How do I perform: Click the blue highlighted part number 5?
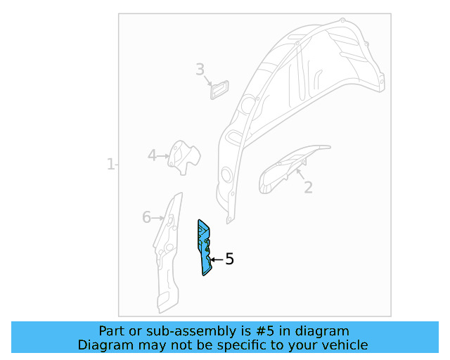point(203,247)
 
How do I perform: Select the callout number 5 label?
point(230,259)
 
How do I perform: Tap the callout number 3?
point(200,70)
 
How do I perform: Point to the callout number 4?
point(152,155)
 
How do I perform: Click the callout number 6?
point(147,217)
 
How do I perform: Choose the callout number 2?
point(308,188)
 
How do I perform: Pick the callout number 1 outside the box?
point(111,165)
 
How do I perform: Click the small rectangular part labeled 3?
point(220,90)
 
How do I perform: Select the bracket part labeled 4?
point(184,157)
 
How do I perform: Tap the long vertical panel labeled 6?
point(168,252)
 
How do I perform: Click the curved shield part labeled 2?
point(290,169)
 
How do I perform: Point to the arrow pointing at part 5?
point(217,260)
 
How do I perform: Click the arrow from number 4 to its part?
point(163,156)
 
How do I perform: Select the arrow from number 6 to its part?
point(157,219)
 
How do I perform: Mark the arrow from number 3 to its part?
point(208,81)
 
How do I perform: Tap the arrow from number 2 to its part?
point(300,174)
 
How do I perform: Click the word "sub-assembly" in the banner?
point(193,332)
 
